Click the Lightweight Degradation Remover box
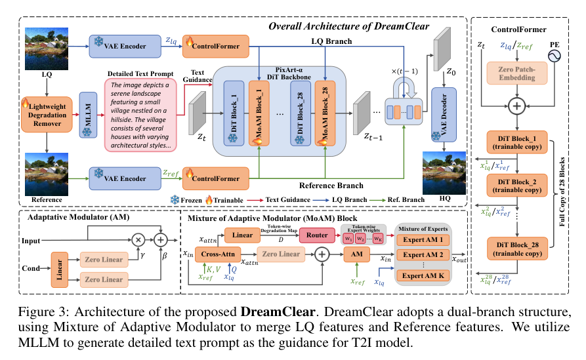point(46,113)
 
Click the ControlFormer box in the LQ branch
point(216,45)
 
